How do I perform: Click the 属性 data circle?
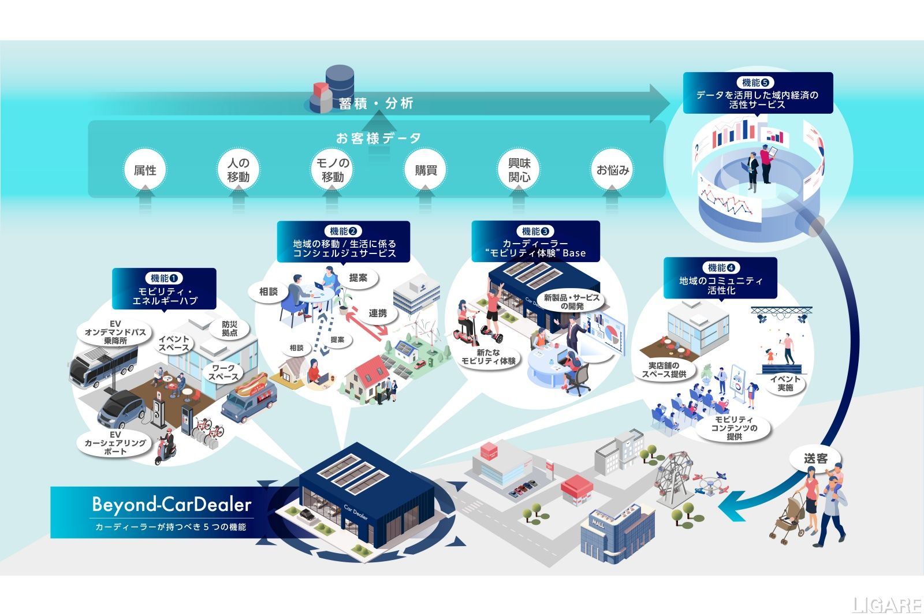pos(145,170)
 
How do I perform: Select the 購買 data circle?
pos(426,170)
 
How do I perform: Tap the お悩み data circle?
pos(613,170)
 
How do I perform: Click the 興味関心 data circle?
pos(519,170)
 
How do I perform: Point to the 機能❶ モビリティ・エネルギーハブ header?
pos(164,289)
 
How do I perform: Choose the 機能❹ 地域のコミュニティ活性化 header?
pos(720,278)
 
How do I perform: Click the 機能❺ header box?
pos(757,93)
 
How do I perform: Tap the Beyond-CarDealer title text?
pos(172,505)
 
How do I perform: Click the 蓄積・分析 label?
pos(375,104)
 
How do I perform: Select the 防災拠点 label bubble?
pos(230,328)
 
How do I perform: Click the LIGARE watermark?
pos(887,604)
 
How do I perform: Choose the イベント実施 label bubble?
pos(785,383)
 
